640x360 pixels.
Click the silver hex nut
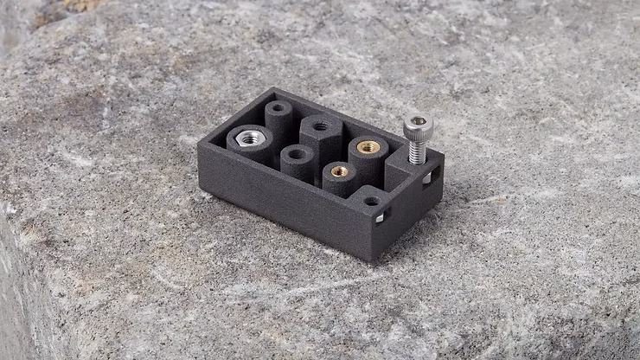250,138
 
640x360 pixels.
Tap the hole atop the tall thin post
278,108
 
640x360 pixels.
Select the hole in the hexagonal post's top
320,125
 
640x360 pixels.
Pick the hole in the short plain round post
296,154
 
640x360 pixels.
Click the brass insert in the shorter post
340,170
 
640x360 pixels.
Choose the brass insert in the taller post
368,147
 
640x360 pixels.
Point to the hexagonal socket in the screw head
418,120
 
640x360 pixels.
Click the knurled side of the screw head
417,132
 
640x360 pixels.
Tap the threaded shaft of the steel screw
417,151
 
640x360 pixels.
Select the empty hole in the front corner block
371,201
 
